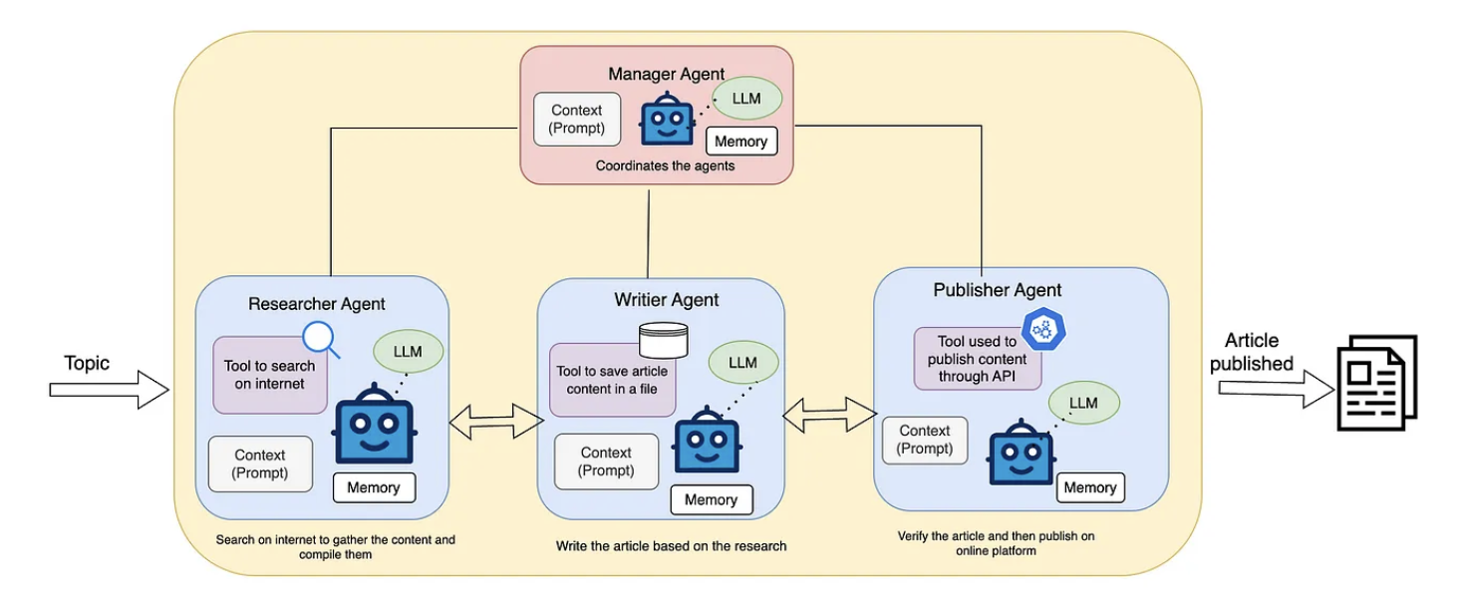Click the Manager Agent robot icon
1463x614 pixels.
[666, 119]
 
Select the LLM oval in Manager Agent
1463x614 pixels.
[744, 99]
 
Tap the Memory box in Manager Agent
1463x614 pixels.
[740, 142]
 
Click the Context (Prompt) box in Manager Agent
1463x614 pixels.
[576, 120]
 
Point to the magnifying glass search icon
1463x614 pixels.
[321, 339]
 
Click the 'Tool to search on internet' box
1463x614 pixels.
[270, 375]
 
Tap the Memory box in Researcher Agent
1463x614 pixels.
[374, 487]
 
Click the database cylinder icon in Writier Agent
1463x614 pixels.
[663, 341]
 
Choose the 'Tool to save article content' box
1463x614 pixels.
[612, 380]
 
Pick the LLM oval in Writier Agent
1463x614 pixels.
[742, 362]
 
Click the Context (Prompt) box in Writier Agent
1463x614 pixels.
[606, 461]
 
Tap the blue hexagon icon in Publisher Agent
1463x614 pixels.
[1043, 327]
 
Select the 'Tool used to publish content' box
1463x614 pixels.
[977, 360]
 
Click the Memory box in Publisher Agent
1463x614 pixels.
[1089, 487]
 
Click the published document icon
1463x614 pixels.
[1375, 382]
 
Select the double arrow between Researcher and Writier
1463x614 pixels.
[495, 421]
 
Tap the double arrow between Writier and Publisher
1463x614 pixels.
[828, 414]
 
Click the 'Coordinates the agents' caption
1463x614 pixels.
[665, 165]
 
